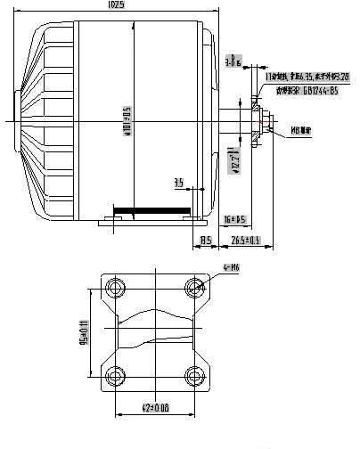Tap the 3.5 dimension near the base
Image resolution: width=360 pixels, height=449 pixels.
point(179,183)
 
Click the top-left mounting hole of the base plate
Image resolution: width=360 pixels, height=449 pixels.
point(114,288)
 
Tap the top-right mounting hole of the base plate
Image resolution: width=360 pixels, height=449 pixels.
point(195,288)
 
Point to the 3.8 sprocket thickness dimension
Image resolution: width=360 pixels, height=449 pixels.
point(233,61)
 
